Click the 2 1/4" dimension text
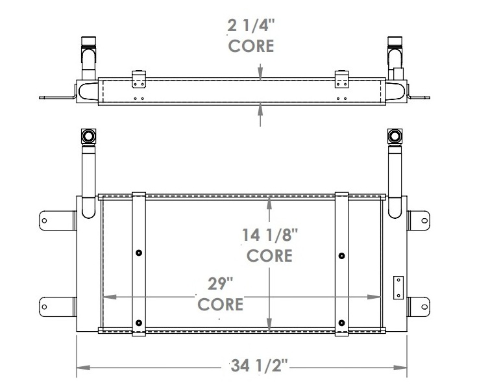coord(250,27)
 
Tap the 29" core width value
coord(220,284)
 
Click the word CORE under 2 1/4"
coord(250,46)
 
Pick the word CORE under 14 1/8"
coord(269,255)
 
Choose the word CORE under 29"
coord(220,304)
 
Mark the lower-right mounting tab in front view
coord(419,305)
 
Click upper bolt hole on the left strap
coord(140,253)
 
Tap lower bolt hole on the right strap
coord(342,322)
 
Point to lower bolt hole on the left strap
coord(140,322)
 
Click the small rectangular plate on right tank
coord(397,286)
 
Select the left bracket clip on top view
coord(138,80)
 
